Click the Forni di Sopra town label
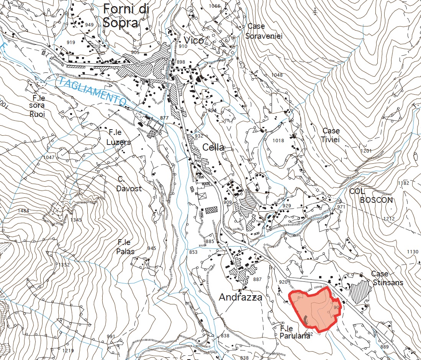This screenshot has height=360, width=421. point(121,16)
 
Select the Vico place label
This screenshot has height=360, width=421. point(194,41)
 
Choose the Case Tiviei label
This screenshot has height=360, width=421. point(331,135)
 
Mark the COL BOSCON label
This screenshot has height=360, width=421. point(371,195)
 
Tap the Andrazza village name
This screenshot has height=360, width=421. point(241,297)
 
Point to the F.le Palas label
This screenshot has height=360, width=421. point(126,247)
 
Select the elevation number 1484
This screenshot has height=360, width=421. point(24,211)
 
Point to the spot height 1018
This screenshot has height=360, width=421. point(278,141)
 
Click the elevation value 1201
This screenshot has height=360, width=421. point(366,151)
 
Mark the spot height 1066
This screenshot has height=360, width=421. point(215,6)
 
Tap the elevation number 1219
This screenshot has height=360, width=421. point(68,351)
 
